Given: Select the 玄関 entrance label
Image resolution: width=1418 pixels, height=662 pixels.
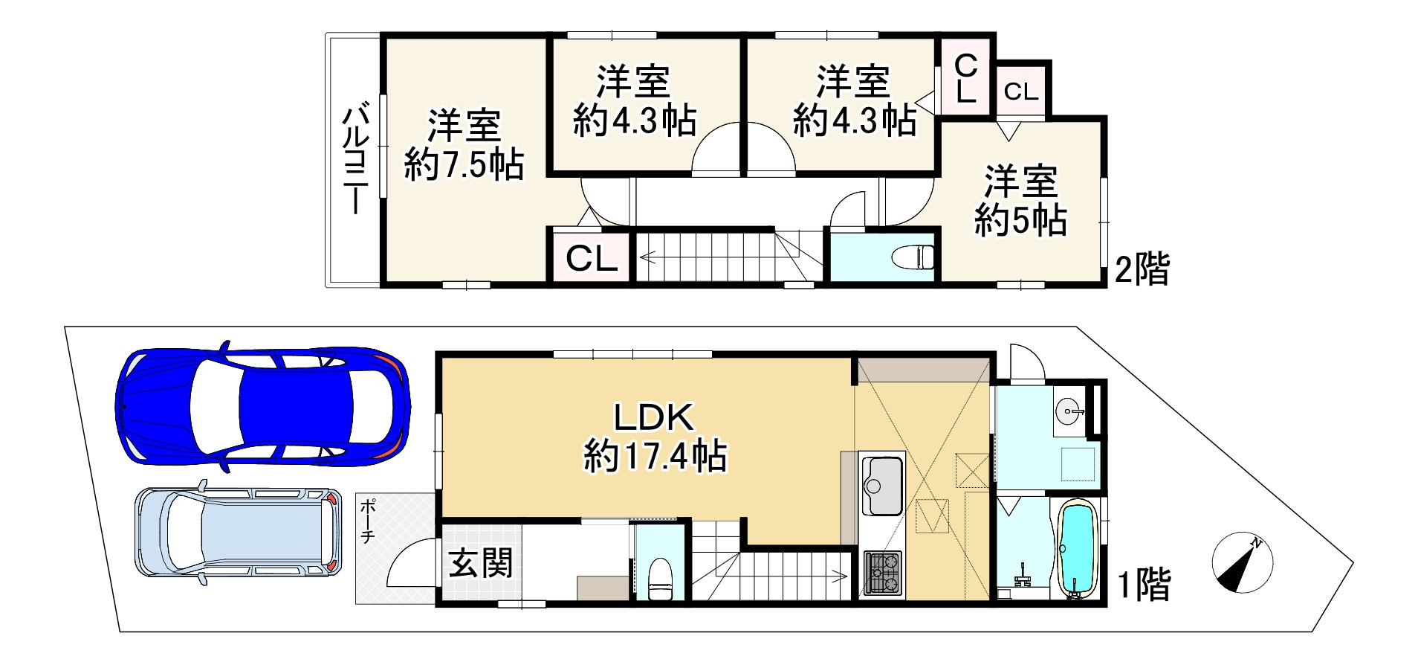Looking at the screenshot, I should [x=480, y=563].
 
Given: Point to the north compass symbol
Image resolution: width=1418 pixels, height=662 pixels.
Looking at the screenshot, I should [x=1242, y=563].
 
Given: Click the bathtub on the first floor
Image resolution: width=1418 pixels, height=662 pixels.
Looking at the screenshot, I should [x=1077, y=549].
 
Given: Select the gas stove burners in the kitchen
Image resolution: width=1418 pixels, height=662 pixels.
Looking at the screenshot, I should [x=882, y=573].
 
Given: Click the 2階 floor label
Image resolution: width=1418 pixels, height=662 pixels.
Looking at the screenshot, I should [x=1142, y=269].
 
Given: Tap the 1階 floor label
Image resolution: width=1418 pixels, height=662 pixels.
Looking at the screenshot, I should [x=1145, y=584].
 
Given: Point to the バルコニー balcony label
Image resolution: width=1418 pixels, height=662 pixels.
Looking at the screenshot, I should [x=356, y=161].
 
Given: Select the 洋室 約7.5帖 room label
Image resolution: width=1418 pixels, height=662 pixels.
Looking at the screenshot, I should [x=464, y=145].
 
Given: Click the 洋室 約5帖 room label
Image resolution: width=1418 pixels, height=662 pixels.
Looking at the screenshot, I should [x=1021, y=200].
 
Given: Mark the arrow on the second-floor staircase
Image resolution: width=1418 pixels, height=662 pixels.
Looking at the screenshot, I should [x=646, y=258].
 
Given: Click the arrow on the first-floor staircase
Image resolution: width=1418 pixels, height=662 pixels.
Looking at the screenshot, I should [x=841, y=575].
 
